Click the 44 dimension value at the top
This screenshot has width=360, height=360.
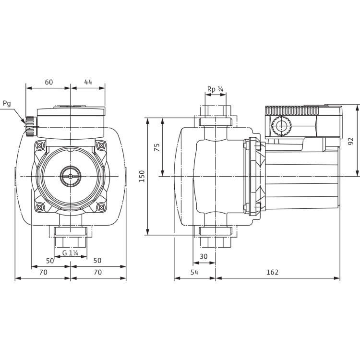88,82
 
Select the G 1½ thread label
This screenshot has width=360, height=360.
71,252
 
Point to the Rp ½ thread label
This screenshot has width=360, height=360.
216,89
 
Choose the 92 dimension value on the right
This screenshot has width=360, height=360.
351,141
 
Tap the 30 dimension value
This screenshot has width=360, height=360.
204,257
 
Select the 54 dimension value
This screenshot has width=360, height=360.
194,272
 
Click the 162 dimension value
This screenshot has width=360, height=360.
272,272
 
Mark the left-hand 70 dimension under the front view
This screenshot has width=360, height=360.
43,272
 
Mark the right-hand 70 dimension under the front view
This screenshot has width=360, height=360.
98,272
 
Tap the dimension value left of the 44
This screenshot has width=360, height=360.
48,82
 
